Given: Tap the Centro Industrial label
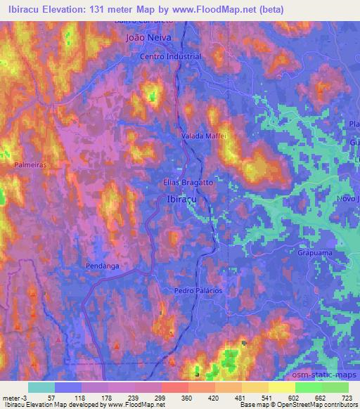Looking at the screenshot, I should [x=171, y=56].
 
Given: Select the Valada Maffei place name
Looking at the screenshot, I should [x=202, y=136].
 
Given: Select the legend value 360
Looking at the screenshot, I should [x=186, y=397].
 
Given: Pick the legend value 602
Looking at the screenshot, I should [x=294, y=397].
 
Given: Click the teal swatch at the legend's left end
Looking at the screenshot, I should [x=41, y=387].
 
